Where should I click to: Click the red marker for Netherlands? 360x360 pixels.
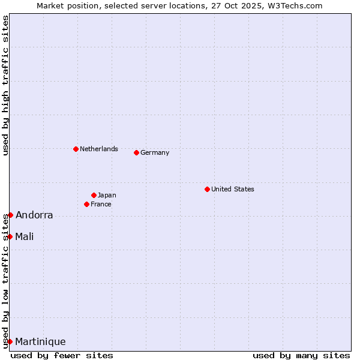pyautogui.click(x=76, y=149)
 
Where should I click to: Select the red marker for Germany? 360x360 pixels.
pyautogui.click(x=136, y=152)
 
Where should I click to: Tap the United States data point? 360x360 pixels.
pyautogui.click(x=207, y=189)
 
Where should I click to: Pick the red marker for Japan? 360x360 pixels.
pyautogui.click(x=94, y=195)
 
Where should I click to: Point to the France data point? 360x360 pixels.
pyautogui.click(x=86, y=204)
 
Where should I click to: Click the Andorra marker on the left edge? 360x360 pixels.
pyautogui.click(x=10, y=215)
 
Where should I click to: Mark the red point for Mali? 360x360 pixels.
pyautogui.click(x=10, y=236)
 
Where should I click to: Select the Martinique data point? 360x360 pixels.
pyautogui.click(x=10, y=341)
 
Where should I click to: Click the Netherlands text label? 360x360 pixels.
pyautogui.click(x=99, y=149)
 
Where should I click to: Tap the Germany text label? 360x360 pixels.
pyautogui.click(x=155, y=152)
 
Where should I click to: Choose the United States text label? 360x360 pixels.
pyautogui.click(x=233, y=189)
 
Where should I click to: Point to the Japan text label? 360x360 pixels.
pyautogui.click(x=107, y=195)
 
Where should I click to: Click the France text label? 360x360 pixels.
pyautogui.click(x=101, y=204)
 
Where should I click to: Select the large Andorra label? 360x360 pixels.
pyautogui.click(x=34, y=215)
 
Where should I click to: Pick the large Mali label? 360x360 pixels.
pyautogui.click(x=25, y=236)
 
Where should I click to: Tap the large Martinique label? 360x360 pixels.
pyautogui.click(x=40, y=341)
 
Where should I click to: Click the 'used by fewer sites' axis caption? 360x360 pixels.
pyautogui.click(x=62, y=355)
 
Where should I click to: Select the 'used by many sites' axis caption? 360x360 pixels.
pyautogui.click(x=301, y=355)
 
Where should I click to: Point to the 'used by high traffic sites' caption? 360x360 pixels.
pyautogui.click(x=5, y=86)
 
